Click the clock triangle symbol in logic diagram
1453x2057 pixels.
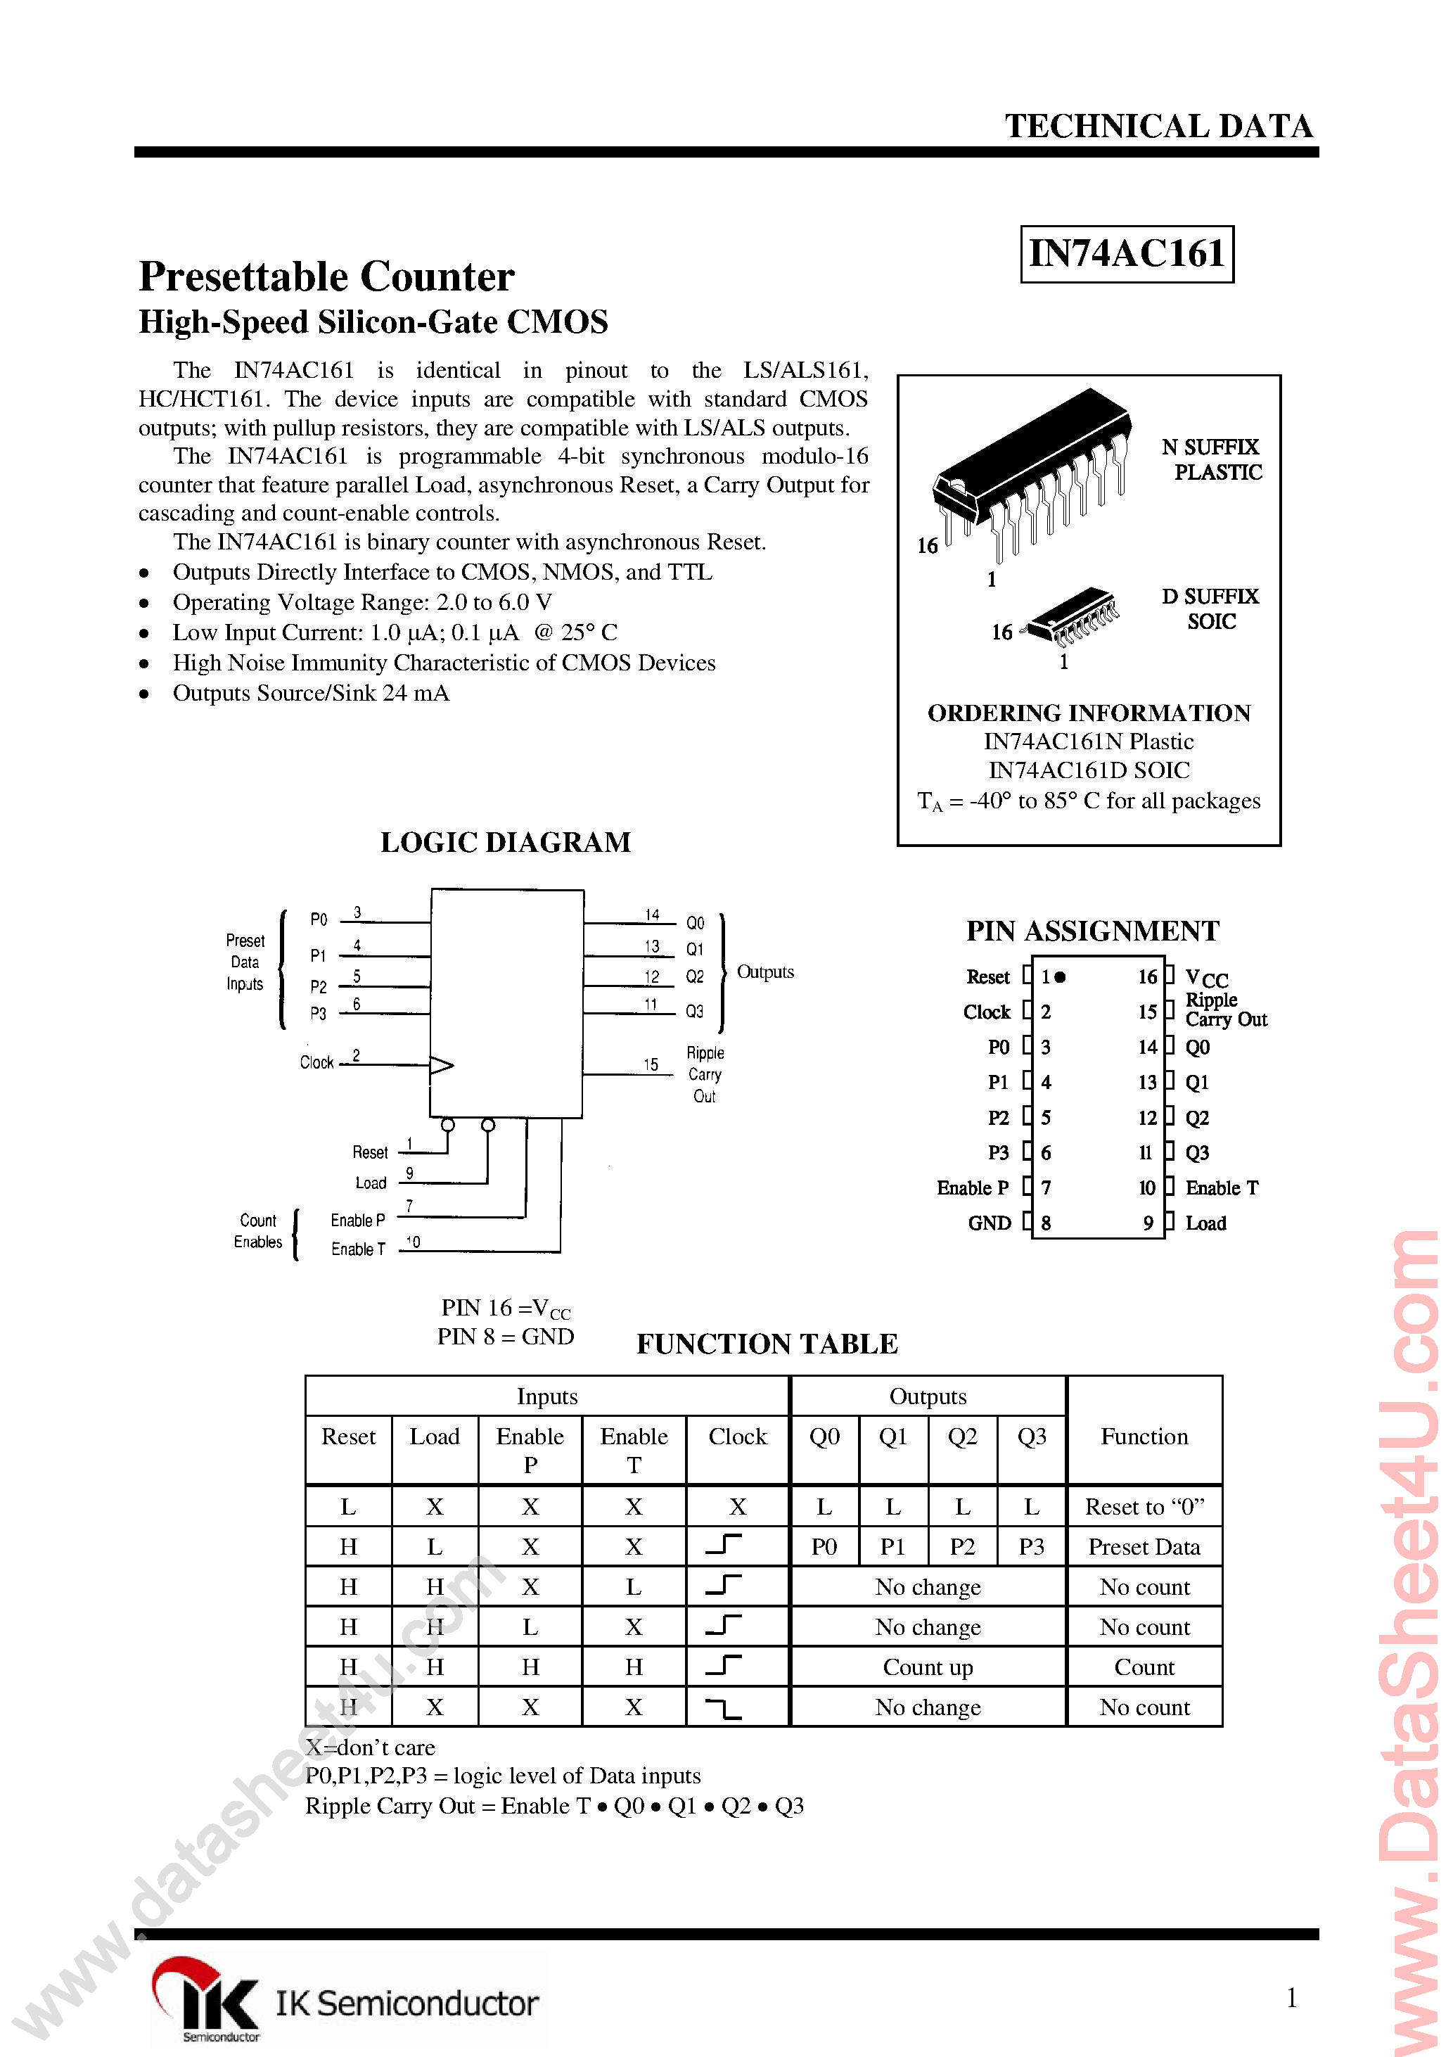tap(441, 1065)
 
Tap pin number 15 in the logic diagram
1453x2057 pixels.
tap(651, 1064)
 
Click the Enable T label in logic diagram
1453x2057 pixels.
tap(357, 1249)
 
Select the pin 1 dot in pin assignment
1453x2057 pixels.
tap(1061, 977)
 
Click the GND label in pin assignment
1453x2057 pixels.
tap(989, 1223)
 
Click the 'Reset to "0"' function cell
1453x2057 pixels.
tap(1144, 1507)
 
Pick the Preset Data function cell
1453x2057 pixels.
tap(1144, 1547)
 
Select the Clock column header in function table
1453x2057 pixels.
tap(737, 1437)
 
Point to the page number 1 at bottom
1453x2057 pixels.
tap(1291, 1997)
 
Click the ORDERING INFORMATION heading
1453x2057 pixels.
tap(1089, 713)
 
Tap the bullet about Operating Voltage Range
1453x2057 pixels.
tap(362, 602)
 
